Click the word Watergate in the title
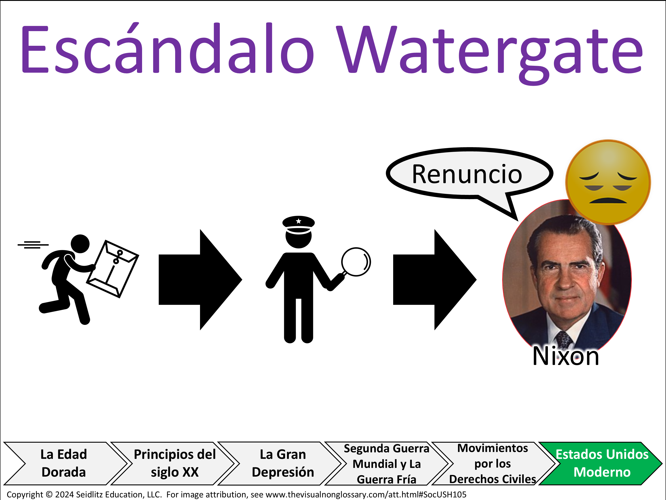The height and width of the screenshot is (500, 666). tap(490, 54)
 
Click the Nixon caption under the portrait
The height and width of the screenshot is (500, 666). tap(565, 356)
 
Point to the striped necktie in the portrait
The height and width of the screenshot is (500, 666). tap(563, 339)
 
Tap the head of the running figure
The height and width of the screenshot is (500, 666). tap(80, 244)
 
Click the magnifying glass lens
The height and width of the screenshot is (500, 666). tap(356, 262)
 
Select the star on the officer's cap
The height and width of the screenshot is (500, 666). tap(298, 221)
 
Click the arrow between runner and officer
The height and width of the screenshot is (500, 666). tap(200, 280)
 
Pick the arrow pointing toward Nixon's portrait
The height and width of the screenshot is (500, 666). tap(434, 280)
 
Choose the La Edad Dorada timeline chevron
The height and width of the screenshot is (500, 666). tap(64, 464)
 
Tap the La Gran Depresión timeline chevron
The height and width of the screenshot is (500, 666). tap(282, 464)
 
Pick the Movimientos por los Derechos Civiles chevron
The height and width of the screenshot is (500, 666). tap(493, 464)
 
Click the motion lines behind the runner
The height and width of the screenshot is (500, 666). tap(33, 245)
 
